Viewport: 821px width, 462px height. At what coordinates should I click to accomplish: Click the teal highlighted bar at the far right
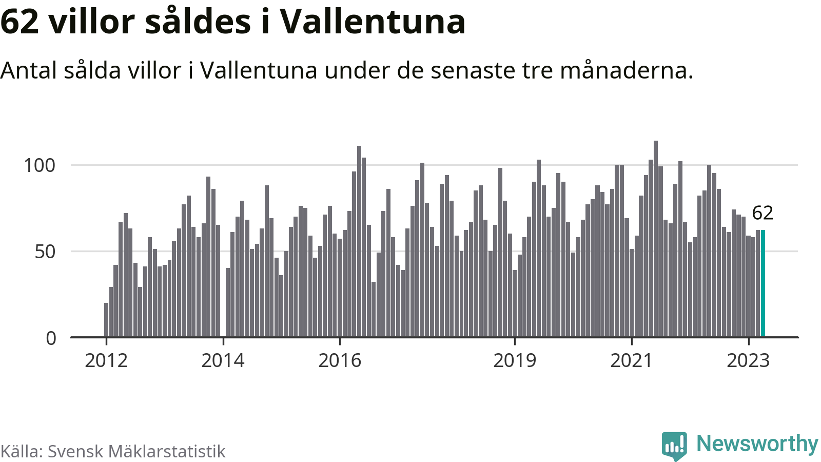(x=763, y=283)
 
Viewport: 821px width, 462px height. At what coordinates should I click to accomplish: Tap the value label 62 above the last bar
(x=762, y=213)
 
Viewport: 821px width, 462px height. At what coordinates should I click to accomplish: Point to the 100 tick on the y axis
(x=40, y=165)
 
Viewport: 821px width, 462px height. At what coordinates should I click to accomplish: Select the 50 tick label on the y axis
(x=45, y=252)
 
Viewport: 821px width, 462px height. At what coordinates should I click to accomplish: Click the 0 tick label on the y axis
(x=51, y=338)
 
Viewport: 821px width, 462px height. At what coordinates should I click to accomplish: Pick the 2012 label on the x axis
(x=106, y=361)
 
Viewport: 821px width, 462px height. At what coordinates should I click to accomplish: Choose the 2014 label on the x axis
(x=223, y=361)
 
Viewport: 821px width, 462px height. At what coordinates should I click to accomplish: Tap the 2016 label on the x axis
(x=340, y=361)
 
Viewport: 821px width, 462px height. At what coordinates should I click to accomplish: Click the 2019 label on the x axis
(x=515, y=361)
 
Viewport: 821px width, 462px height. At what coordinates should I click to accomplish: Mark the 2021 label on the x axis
(x=631, y=361)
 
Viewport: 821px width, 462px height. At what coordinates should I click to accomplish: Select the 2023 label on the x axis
(x=748, y=361)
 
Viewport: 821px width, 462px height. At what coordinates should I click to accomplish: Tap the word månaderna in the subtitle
(x=627, y=70)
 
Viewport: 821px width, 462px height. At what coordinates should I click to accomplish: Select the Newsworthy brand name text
(x=757, y=444)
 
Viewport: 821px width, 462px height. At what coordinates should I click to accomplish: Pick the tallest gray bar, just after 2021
(x=656, y=239)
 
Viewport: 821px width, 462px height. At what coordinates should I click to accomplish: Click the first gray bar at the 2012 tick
(x=106, y=320)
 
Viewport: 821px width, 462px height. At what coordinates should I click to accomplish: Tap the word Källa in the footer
(x=21, y=451)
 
